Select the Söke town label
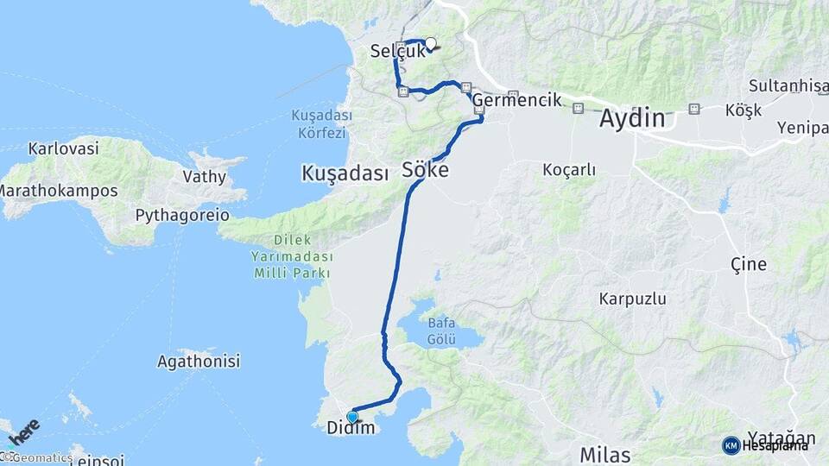coord(425,171)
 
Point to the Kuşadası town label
coord(345,173)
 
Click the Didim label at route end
coord(351,428)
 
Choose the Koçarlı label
coord(569,170)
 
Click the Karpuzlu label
coord(632,299)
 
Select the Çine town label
coord(748,264)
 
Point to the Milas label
coord(604,455)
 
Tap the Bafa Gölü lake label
coord(441,331)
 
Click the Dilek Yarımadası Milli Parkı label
coord(291,256)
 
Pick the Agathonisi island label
coord(199,362)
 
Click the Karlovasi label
coord(63,148)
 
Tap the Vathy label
coord(204,177)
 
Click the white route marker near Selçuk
coord(430,44)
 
